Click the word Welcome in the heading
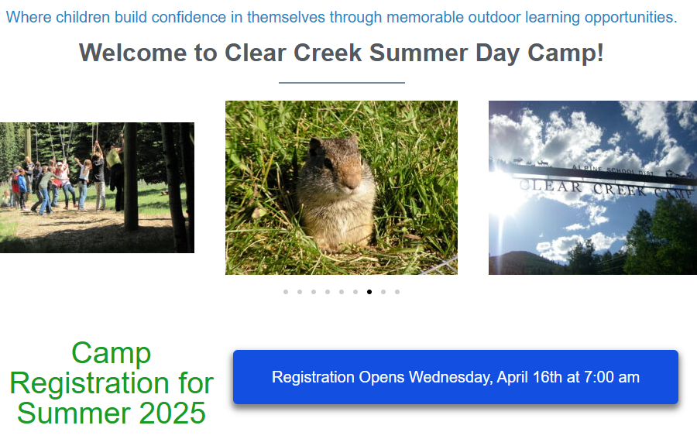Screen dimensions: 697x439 coord(133,53)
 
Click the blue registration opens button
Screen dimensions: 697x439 coord(455,377)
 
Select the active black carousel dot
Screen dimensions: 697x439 coord(369,292)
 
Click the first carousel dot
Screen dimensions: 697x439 coord(286,292)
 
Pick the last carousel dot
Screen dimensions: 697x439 coord(397,292)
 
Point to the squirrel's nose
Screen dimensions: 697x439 coord(353,183)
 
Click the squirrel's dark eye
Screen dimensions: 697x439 coord(328,163)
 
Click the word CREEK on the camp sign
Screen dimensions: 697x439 coord(620,190)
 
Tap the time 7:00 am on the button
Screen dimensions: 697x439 coord(612,377)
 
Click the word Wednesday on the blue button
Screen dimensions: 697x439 coord(450,378)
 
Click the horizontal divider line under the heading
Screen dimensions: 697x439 coord(342,83)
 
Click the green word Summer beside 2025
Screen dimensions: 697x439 coord(75,413)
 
